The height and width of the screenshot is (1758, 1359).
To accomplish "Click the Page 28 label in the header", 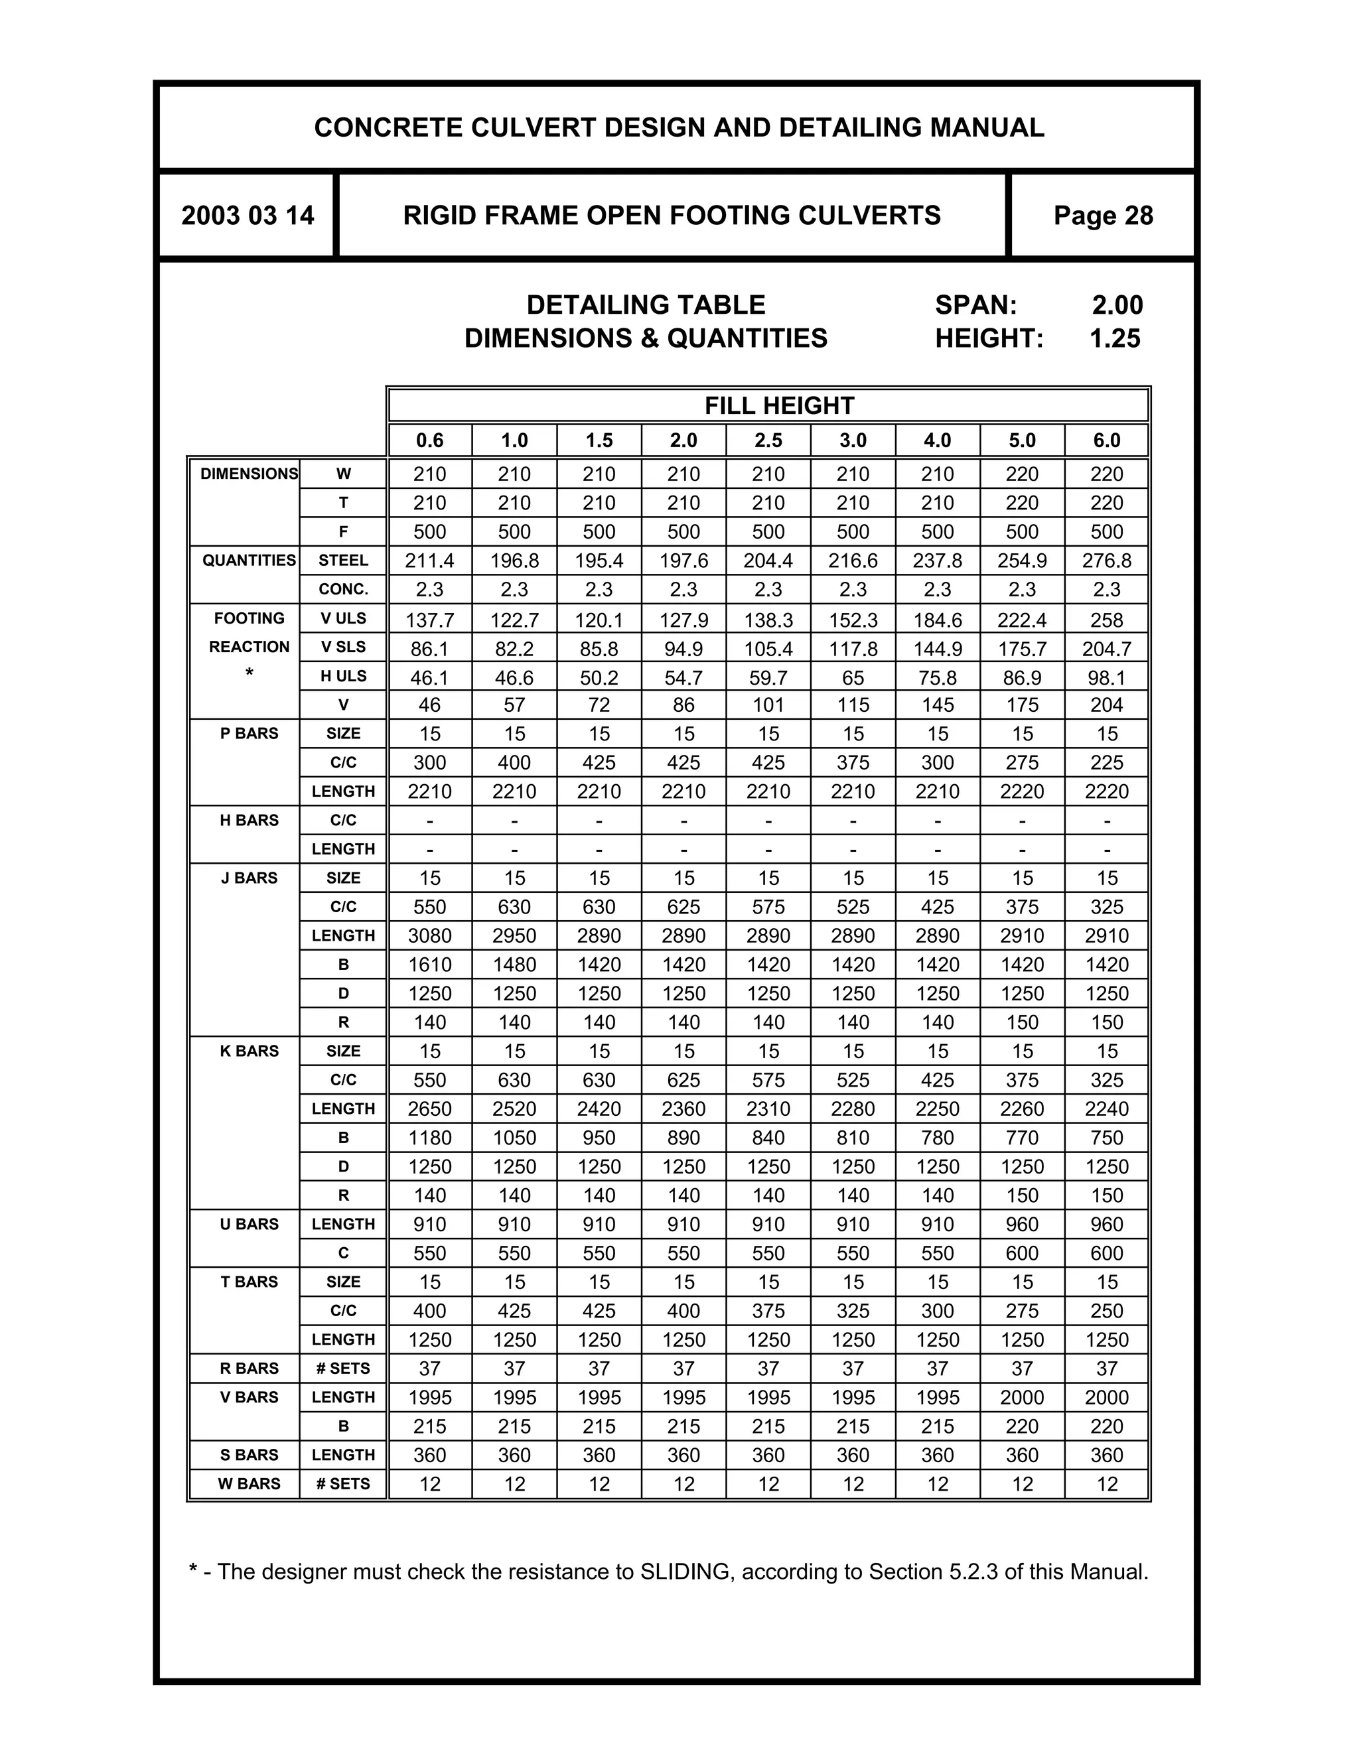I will coord(1103,216).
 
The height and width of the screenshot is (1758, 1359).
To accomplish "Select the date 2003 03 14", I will coord(247,216).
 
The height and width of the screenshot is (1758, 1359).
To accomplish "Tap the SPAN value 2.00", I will coord(1117,305).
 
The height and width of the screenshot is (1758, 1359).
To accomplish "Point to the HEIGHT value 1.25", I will coord(1114,338).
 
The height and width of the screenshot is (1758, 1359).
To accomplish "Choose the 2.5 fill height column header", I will coord(768,440).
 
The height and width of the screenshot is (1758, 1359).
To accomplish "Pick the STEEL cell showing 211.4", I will coord(429,561).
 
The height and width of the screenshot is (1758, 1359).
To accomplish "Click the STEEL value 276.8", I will coord(1106,561).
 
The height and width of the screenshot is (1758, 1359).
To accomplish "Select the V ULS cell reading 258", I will coord(1106,620).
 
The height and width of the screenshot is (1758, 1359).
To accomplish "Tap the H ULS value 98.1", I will coord(1106,678).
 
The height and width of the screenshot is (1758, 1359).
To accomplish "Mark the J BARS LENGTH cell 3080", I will coord(429,935).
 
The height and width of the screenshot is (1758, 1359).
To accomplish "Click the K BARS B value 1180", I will coord(429,1137).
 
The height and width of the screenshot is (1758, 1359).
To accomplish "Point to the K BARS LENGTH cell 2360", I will coord(683,1109).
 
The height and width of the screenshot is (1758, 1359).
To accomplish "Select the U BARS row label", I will coord(249,1223).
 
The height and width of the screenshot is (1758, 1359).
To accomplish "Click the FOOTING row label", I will coord(249,618).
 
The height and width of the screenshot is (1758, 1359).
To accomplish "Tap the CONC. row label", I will coord(343,589).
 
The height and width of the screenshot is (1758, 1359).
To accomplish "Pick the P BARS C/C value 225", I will coord(1106,762).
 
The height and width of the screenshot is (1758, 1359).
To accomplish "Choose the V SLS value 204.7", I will coord(1106,649).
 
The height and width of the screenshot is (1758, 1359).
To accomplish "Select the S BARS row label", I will coord(249,1455).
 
